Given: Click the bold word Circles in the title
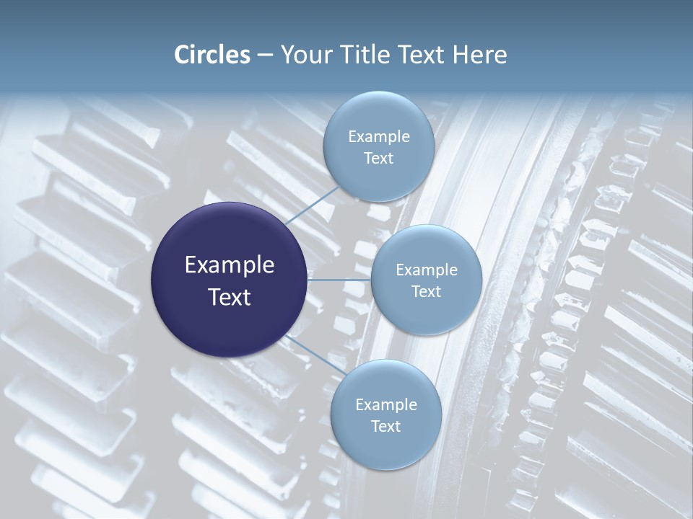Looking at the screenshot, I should [212, 55].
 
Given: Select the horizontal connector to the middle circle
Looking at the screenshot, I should [339, 280].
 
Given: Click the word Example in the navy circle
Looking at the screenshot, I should [230, 265].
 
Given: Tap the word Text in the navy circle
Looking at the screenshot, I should [230, 296].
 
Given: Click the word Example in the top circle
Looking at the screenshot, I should [379, 137].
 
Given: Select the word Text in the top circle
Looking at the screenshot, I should [378, 158].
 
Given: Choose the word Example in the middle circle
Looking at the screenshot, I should [427, 270].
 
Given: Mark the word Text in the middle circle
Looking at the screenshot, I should [426, 291].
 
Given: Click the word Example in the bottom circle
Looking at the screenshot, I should [386, 405].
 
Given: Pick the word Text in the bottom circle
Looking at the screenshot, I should [385, 426].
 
